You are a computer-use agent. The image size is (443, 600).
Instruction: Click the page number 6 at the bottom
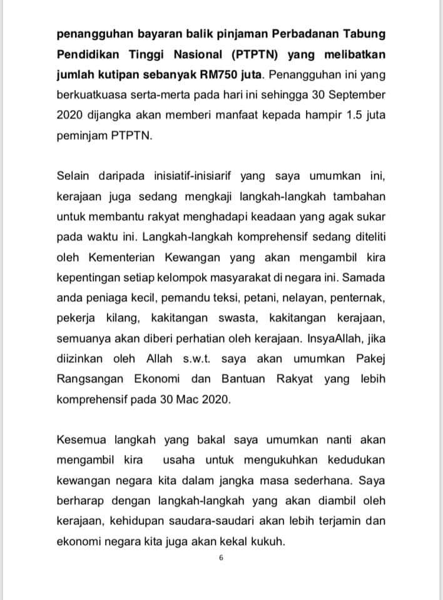tap(221, 558)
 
